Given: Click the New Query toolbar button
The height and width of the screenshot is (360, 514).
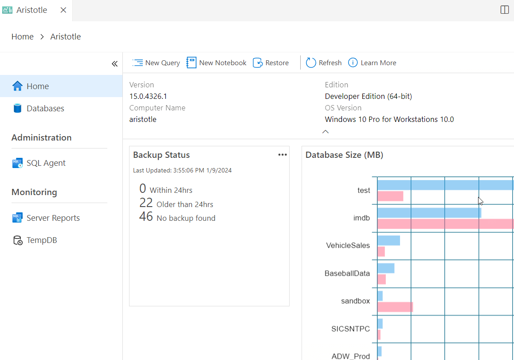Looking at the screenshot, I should pyautogui.click(x=156, y=63).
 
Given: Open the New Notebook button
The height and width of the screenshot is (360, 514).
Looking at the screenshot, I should pyautogui.click(x=216, y=63).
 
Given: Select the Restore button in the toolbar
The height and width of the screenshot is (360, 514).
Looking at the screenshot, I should pyautogui.click(x=271, y=63).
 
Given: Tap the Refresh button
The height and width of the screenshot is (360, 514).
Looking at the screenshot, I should pyautogui.click(x=324, y=63).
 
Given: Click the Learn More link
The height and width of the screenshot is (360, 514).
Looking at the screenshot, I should pyautogui.click(x=372, y=63).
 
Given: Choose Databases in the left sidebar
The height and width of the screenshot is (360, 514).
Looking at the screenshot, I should pyautogui.click(x=45, y=109).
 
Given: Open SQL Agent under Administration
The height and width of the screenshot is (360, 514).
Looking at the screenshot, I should pyautogui.click(x=46, y=163).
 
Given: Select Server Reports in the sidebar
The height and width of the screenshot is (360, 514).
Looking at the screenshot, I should pyautogui.click(x=53, y=218).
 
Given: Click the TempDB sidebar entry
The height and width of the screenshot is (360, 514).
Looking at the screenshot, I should pyautogui.click(x=42, y=240).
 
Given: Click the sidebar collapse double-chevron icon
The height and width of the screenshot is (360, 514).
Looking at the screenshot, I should pyautogui.click(x=114, y=64).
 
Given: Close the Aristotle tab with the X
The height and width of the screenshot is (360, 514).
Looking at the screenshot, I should pyautogui.click(x=63, y=10).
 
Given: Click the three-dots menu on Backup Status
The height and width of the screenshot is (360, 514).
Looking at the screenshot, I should pyautogui.click(x=283, y=155).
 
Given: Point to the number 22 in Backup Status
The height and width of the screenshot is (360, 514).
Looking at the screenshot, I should pyautogui.click(x=146, y=203).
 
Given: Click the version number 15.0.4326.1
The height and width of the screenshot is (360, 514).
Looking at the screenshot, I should pyautogui.click(x=148, y=96).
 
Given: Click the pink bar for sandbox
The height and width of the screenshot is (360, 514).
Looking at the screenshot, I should pyautogui.click(x=395, y=307).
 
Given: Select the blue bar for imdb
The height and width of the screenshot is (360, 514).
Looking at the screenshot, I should pyautogui.click(x=429, y=213).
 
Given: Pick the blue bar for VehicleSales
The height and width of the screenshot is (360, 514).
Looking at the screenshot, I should pyautogui.click(x=388, y=240).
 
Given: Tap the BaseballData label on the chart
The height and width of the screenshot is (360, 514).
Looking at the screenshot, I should pyautogui.click(x=347, y=274).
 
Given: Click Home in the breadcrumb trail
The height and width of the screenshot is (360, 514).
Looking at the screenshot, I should pyautogui.click(x=23, y=37).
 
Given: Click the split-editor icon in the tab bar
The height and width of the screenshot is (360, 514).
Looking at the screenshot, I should pyautogui.click(x=504, y=10).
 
